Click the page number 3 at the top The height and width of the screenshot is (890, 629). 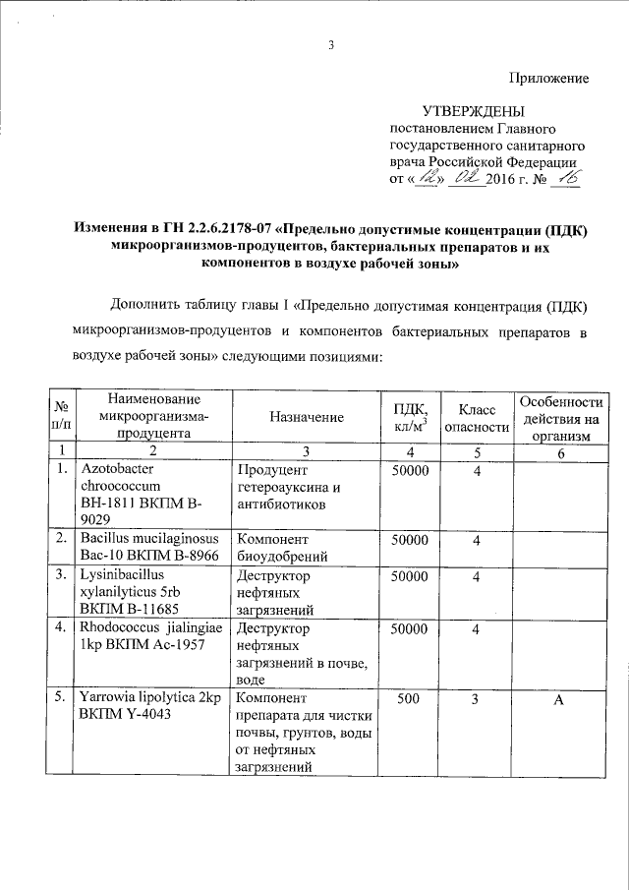(331, 44)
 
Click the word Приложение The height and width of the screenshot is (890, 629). (548, 77)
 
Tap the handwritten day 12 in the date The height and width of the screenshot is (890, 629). (427, 180)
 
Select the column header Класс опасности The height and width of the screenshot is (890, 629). (477, 417)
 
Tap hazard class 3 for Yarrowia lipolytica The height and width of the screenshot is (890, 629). (476, 699)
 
